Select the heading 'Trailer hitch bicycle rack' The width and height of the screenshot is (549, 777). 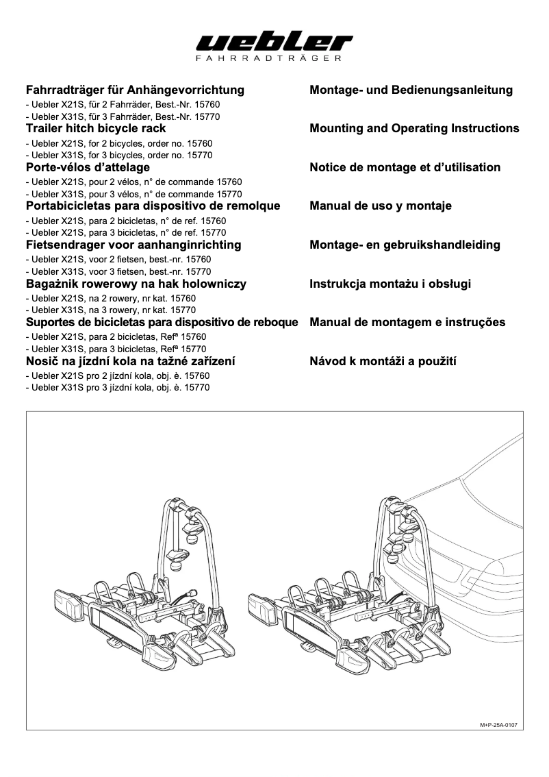click(95, 128)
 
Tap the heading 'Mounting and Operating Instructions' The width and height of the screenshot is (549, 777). click(414, 128)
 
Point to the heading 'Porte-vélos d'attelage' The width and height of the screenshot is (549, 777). click(87, 167)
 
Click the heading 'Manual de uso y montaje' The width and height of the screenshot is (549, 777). click(381, 206)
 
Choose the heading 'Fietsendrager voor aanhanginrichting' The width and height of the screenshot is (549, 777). click(133, 245)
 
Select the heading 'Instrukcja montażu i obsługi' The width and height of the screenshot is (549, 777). click(390, 284)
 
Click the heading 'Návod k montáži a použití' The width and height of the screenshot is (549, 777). click(383, 361)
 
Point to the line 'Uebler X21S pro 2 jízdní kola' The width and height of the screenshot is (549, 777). click(116, 376)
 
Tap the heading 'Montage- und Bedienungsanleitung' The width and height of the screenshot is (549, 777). click(411, 90)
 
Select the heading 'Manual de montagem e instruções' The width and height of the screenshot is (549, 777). click(407, 322)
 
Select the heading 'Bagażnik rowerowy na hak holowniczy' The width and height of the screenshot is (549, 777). click(136, 284)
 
